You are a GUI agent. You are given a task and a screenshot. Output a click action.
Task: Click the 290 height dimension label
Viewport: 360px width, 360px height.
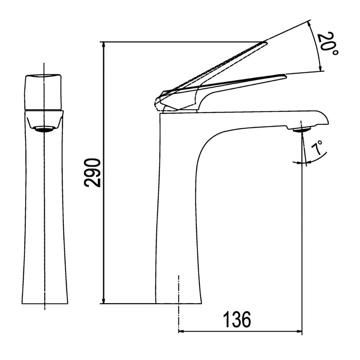93,172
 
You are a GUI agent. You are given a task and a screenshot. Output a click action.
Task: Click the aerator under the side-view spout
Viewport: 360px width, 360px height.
302,129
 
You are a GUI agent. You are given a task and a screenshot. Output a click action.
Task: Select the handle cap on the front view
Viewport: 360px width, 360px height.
44,92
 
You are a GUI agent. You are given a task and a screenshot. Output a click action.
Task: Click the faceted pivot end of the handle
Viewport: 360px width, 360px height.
159,99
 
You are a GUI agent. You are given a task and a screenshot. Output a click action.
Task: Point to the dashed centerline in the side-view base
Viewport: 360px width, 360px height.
179,288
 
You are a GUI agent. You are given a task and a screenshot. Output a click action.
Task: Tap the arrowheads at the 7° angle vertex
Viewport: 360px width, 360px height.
302,163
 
